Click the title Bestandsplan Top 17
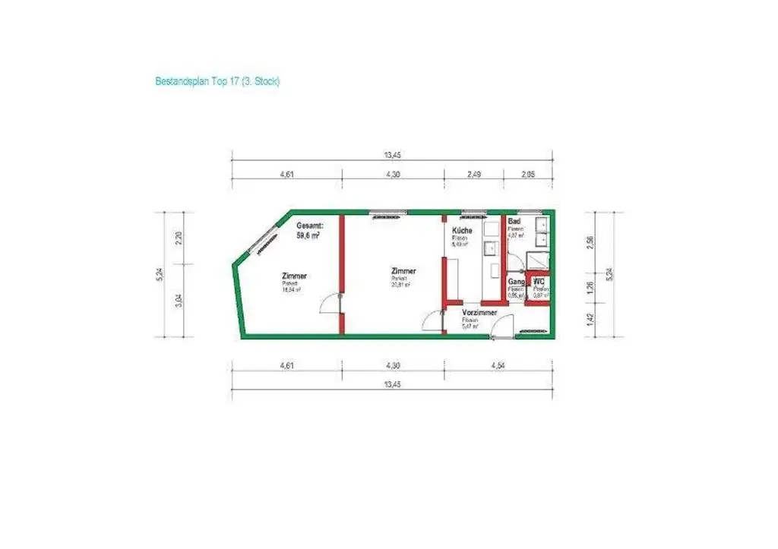tap(217, 80)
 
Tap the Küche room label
tap(462, 230)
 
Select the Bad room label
tap(514, 221)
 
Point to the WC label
tap(539, 282)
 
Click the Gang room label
tap(517, 282)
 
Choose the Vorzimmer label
tap(479, 312)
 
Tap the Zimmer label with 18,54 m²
tap(293, 276)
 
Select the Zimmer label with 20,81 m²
tap(403, 271)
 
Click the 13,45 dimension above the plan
tap(392, 155)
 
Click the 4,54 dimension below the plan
tap(498, 365)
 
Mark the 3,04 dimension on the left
tap(179, 301)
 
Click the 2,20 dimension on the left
tap(179, 237)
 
